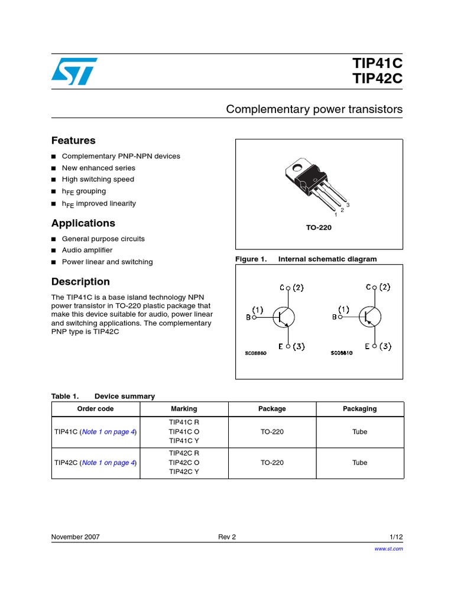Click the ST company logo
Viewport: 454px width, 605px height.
[73, 71]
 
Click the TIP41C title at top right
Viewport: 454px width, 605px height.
[377, 64]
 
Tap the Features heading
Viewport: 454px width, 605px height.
[73, 141]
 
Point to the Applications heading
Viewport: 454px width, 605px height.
[83, 223]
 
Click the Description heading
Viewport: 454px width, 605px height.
[80, 282]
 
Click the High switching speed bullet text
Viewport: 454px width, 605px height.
[98, 180]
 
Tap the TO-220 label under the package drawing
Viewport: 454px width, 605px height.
[319, 227]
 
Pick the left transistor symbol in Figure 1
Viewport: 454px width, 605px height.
[284, 317]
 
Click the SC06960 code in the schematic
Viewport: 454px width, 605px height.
[256, 353]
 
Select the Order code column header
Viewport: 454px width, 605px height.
[96, 409]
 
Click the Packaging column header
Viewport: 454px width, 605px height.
[359, 409]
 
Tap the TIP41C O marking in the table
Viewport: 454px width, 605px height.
[184, 432]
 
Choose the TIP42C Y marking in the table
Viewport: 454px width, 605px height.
[184, 472]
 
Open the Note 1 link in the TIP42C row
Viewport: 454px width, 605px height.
[109, 463]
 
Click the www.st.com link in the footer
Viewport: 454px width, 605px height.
[388, 549]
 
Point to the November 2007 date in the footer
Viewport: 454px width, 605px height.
[76, 537]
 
